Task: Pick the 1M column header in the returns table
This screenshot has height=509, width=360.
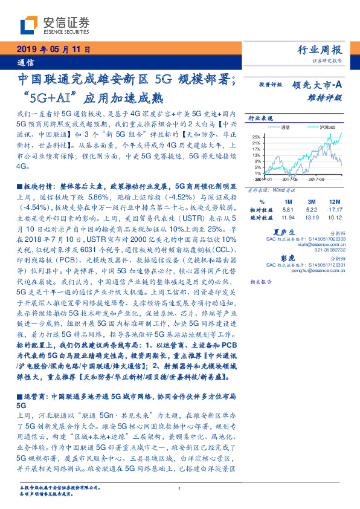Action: (x=287, y=201)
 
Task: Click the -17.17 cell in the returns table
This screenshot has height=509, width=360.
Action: (x=334, y=208)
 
